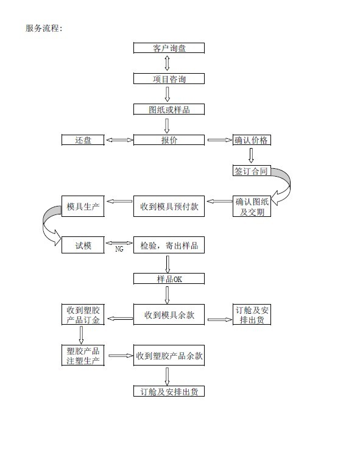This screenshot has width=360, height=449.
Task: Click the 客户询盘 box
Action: coord(169,48)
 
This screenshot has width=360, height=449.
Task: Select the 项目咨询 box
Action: coord(169,79)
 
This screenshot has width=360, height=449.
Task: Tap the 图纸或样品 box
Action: coord(169,110)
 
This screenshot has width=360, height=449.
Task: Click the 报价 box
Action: coord(169,140)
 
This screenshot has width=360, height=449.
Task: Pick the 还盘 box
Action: coord(83,140)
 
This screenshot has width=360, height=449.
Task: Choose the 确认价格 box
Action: coord(252,140)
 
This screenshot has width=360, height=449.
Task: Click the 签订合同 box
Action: coord(252,171)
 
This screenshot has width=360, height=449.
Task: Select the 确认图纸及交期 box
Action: coord(252,206)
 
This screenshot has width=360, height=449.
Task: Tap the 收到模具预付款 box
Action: coord(169,206)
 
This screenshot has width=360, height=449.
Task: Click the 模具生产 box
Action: coord(83,206)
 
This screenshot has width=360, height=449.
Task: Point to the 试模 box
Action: coord(83,245)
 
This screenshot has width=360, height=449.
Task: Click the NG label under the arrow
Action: coord(119,249)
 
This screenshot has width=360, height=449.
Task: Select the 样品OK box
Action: coord(169,278)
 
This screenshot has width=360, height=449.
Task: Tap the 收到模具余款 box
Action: coord(169,314)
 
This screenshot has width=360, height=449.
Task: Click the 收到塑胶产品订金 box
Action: coord(83,314)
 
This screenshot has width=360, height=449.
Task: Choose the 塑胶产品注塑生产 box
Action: coord(83,355)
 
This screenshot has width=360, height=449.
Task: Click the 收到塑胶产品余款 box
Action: coord(169,355)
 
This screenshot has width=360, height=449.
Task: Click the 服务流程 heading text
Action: coord(44,28)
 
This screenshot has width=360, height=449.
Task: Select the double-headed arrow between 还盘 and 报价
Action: coord(119,140)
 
